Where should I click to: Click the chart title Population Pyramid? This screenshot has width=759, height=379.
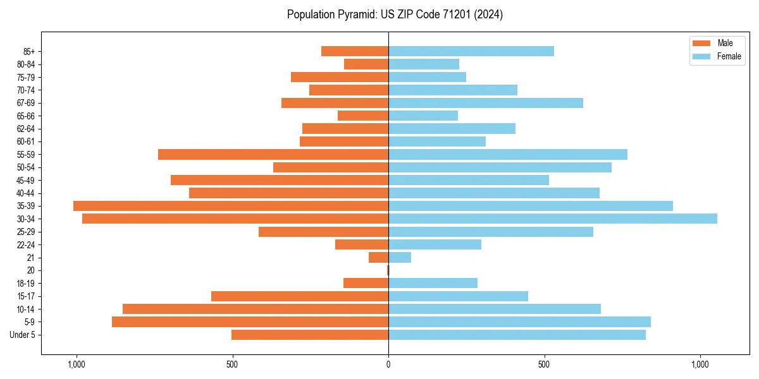pos(395,15)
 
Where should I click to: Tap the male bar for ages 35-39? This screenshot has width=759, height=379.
pos(231,206)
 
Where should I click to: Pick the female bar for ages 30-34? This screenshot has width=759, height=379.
pos(552,219)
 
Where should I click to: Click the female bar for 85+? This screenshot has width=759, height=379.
pos(471,51)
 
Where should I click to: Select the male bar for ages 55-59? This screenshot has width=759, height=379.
pos(273,154)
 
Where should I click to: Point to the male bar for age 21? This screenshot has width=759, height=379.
pos(378,257)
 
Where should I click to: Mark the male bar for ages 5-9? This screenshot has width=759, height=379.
pos(250,322)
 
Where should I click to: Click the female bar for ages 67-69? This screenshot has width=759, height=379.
pos(485,103)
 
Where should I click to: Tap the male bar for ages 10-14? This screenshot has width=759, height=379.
pos(256,309)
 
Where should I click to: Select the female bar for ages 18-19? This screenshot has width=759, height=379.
pos(433,283)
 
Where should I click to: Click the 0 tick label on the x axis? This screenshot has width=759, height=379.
pos(388,364)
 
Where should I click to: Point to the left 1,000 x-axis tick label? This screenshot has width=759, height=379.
pos(76,364)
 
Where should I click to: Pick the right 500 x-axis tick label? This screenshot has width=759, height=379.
pos(544,364)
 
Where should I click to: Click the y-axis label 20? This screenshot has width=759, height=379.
pos(31,270)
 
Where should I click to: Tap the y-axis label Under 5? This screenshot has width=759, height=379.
pos(23,335)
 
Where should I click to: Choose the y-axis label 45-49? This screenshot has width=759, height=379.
pos(26,180)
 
